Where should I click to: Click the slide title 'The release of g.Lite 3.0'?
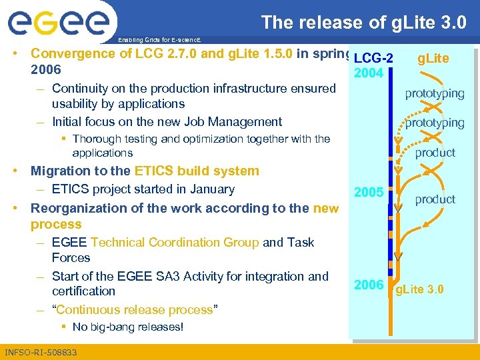pyautogui.click(x=363, y=22)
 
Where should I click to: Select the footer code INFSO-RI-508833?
pyautogui.click(x=41, y=352)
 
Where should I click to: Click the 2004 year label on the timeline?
pyautogui.click(x=369, y=73)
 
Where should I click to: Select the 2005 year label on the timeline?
pyautogui.click(x=369, y=193)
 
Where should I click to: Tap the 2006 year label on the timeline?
pyautogui.click(x=369, y=285)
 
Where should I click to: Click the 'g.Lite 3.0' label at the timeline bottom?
pyautogui.click(x=420, y=290)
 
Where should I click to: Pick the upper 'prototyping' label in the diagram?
pyautogui.click(x=435, y=93)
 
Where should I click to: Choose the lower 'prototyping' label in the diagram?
pyautogui.click(x=435, y=123)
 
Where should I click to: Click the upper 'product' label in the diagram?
pyautogui.click(x=435, y=153)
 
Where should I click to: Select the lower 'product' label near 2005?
pyautogui.click(x=435, y=199)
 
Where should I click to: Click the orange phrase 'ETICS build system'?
pyautogui.click(x=197, y=171)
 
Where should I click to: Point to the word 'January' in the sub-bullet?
pyautogui.click(x=212, y=189)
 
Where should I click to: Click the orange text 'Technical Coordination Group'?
pyautogui.click(x=175, y=242)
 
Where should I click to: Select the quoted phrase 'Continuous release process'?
pyautogui.click(x=136, y=309)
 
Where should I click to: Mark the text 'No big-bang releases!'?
pyautogui.click(x=128, y=327)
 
